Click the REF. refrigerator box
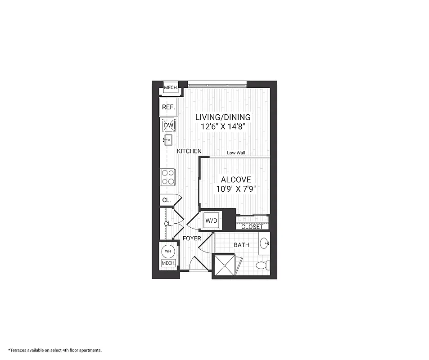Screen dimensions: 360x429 [168, 108]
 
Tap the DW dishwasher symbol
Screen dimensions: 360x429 [168, 125]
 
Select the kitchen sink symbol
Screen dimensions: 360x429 [168, 140]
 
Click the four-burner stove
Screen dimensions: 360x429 [168, 176]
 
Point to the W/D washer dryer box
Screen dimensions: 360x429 [212, 220]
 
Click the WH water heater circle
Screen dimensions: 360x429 [167, 251]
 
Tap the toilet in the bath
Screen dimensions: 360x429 [262, 265]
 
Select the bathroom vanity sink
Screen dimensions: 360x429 [266, 244]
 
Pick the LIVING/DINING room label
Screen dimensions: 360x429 [223, 117]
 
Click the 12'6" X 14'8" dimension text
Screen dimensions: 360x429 [223, 127]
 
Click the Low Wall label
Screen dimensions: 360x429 [236, 153]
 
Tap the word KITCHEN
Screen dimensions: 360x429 [189, 152]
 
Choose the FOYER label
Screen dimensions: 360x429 [191, 238]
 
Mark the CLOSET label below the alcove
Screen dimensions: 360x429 [252, 227]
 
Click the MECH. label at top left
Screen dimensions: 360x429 [170, 88]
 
